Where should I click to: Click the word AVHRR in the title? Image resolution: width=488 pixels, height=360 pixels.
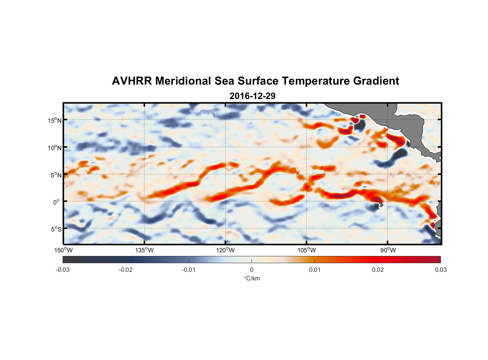132,81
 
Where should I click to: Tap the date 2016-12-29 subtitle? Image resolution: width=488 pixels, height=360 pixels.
252,96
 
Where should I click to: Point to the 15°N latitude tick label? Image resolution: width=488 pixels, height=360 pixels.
55,120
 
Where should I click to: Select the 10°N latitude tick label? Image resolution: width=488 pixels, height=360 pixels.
55,148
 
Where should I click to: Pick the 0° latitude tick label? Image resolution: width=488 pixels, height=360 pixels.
57,202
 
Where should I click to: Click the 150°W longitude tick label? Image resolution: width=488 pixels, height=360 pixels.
64,251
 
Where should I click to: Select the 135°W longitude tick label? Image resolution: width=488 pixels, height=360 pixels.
145,251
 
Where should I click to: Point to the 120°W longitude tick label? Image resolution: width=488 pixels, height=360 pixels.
226,251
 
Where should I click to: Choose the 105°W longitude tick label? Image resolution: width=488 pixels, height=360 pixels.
307,251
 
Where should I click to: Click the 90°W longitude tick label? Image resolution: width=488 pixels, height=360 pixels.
388,251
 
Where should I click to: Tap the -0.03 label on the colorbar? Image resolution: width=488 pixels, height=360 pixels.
63,270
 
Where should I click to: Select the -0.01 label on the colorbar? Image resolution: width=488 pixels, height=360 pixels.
189,270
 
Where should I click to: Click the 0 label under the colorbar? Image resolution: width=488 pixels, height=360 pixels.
252,270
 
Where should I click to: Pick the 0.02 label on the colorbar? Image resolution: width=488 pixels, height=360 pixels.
378,270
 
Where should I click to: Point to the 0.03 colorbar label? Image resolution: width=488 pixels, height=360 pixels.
440,270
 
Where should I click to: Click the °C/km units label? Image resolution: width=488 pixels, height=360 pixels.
252,279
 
